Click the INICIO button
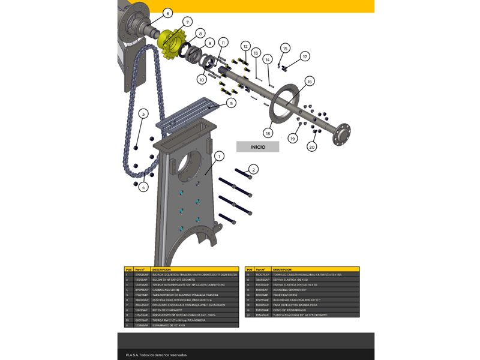pyautogui.click(x=257, y=147)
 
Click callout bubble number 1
pyautogui.click(x=219, y=157)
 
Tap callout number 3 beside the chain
pyautogui.click(x=143, y=114)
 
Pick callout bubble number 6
pyautogui.click(x=167, y=13)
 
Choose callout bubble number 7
pyautogui.click(x=187, y=22)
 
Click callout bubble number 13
pyautogui.click(x=256, y=53)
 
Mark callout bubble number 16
pyautogui.click(x=310, y=81)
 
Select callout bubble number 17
pyautogui.click(x=305, y=56)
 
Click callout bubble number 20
pyautogui.click(x=312, y=147)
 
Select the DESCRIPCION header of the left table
pyautogui.click(x=162, y=269)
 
